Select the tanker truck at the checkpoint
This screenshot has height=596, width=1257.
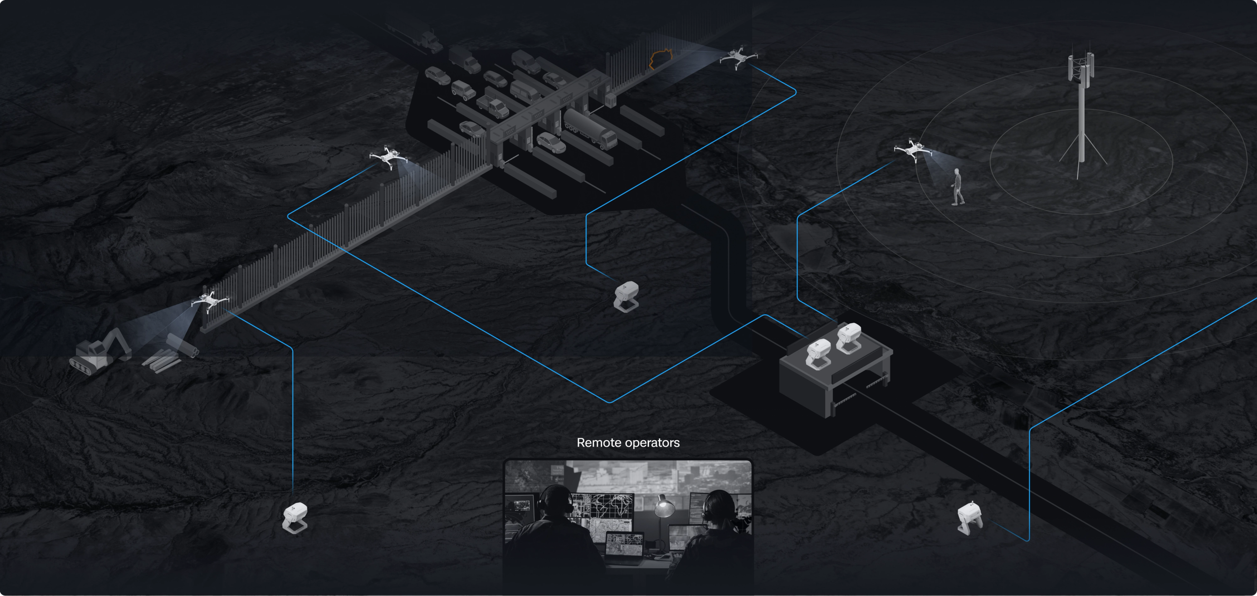tap(590, 128)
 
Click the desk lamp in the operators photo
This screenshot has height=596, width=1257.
tap(663, 507)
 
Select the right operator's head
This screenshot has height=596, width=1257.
tap(717, 508)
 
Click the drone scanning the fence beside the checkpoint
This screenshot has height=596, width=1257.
tap(388, 157)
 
